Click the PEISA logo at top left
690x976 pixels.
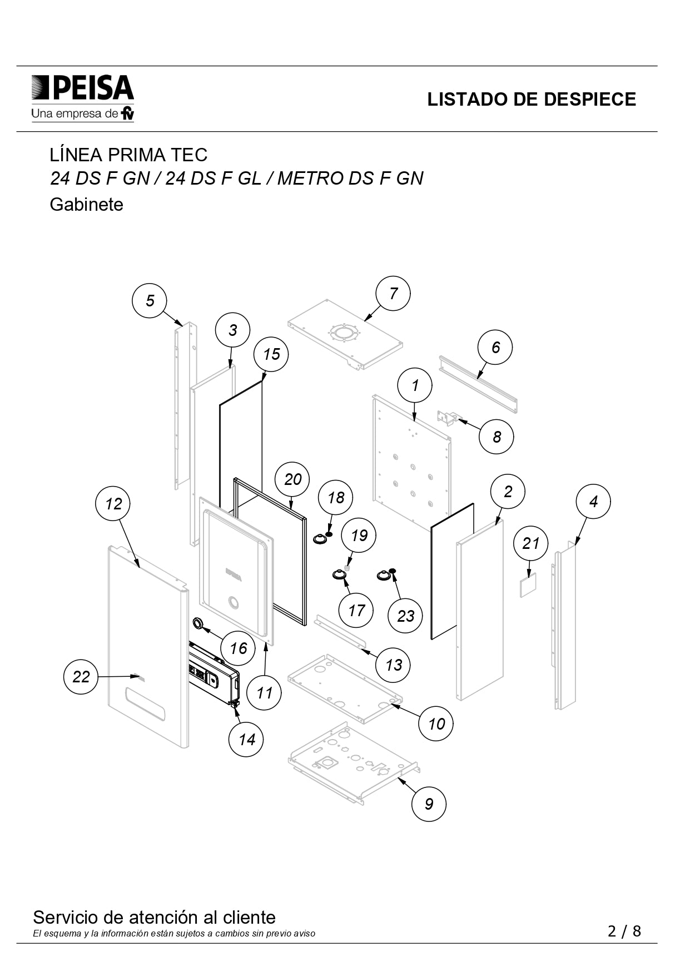tap(83, 98)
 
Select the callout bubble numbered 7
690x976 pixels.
tap(393, 293)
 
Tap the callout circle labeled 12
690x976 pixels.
tap(113, 504)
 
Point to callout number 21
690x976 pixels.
tap(530, 543)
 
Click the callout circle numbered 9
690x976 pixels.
tap(429, 804)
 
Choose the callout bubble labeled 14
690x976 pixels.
tap(246, 740)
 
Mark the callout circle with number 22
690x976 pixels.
tap(81, 676)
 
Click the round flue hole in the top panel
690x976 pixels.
tap(345, 334)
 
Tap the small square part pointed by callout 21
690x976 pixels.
tap(528, 586)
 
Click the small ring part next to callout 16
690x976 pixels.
tap(198, 622)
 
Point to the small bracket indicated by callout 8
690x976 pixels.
tap(449, 417)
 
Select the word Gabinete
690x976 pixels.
tap(86, 205)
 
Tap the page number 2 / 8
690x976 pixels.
tap(624, 931)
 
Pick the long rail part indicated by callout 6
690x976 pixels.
tap(478, 384)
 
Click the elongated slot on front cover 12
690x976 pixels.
tap(145, 703)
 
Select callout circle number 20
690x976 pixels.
tap(293, 479)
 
